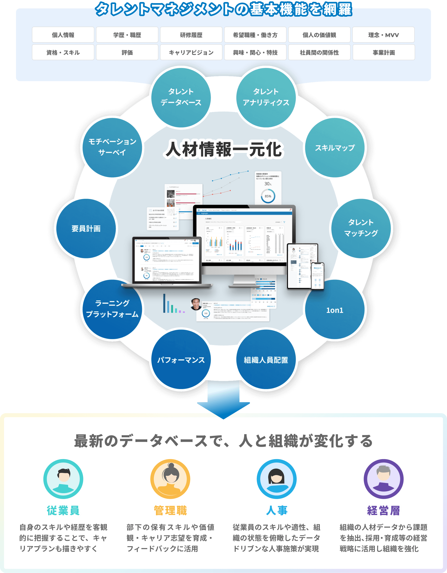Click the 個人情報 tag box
coord(63,35)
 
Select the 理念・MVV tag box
coord(383,35)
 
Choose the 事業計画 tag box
coord(384,53)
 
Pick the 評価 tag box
coord(127,53)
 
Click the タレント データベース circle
coord(181,97)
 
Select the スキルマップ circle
coord(335,148)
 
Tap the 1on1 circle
coord(335,310)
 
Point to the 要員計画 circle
coord(86,228)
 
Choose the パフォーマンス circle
coord(181,360)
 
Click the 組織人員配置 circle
coord(266,360)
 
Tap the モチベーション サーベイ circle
coord(112,147)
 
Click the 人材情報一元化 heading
coord(223,150)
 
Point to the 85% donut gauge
coord(268,196)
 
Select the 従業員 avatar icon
coord(63,479)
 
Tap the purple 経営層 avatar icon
coord(383,479)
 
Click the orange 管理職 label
coord(170,510)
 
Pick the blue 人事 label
coord(276,510)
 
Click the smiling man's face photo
coord(196,304)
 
